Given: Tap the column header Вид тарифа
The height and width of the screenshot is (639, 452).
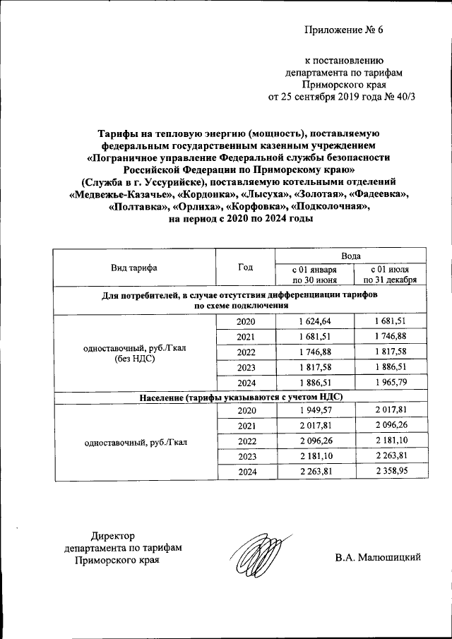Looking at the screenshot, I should click(133, 268).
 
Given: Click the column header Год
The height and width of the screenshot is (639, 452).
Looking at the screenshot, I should click(244, 268).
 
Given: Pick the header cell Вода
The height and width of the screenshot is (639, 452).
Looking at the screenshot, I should click(351, 256).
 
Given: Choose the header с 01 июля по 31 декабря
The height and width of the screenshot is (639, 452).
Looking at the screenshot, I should click(390, 275).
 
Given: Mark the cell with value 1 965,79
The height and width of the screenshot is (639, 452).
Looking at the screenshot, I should click(390, 383).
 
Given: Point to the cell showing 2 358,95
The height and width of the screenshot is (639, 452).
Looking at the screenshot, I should click(390, 472).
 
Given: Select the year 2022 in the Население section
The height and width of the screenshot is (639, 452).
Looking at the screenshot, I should click(244, 441).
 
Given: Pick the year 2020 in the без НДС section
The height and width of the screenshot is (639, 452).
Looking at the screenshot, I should click(244, 321).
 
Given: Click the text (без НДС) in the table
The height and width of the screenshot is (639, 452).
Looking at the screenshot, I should click(133, 358).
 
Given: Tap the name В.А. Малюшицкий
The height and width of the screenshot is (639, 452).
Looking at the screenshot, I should click(378, 558).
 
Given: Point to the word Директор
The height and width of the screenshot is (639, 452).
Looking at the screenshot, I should click(113, 535).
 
